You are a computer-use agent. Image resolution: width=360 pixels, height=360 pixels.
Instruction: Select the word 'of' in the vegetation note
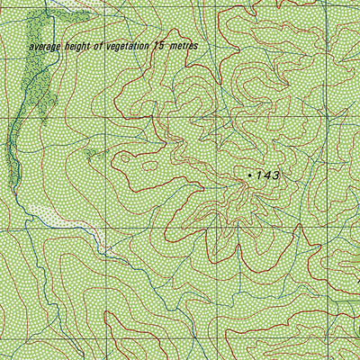point(99,45)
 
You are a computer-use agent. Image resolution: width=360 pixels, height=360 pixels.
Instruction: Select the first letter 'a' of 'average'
point(31,47)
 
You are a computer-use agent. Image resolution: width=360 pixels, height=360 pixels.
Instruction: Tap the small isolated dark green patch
point(90,155)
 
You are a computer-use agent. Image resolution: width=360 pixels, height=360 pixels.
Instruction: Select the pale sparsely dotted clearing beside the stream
point(49,216)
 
